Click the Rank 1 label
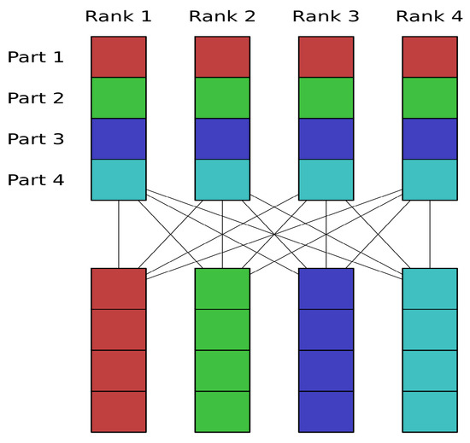[119, 16]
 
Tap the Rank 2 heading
[222, 16]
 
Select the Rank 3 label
[326, 16]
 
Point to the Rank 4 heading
[430, 16]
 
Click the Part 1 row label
[36, 57]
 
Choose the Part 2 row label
[36, 98]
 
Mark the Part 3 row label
[36, 139]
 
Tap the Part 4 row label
[36, 180]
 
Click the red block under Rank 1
[119, 57]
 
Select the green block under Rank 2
[222, 98]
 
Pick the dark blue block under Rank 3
[326, 139]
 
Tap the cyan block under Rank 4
[430, 179]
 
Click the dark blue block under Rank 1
[119, 139]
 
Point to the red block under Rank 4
[430, 57]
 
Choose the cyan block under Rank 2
[222, 179]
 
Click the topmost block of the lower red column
[119, 289]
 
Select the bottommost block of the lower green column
[222, 411]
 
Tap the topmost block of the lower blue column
[326, 289]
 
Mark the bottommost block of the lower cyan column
[430, 411]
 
